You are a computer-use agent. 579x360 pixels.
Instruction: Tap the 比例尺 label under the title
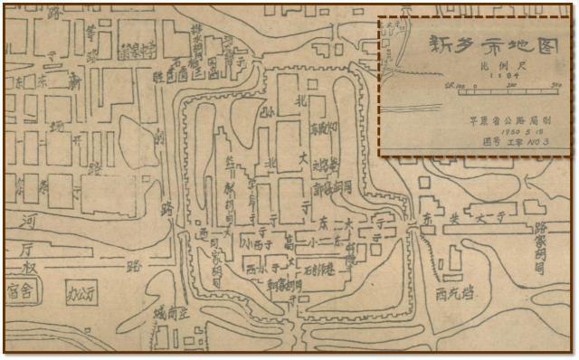point(482,65)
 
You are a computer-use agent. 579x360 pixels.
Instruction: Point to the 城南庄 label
point(172,314)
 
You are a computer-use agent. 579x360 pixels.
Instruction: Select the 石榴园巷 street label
point(317,268)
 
